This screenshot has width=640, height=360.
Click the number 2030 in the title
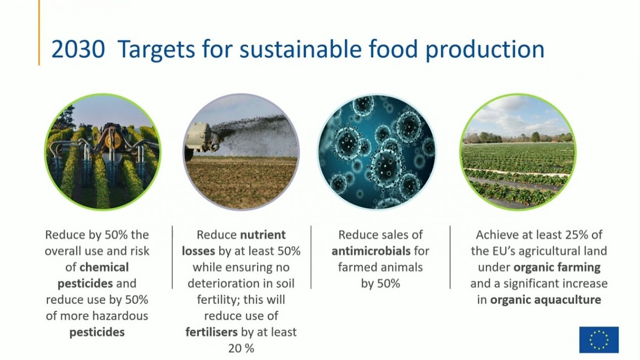click(78, 49)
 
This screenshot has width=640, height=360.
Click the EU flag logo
click(599, 340)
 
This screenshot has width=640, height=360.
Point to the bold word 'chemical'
click(104, 267)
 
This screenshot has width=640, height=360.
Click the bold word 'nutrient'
click(263, 235)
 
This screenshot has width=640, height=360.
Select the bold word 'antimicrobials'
click(371, 251)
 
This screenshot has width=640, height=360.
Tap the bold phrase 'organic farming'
click(557, 268)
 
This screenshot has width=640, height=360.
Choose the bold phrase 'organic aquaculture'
click(546, 300)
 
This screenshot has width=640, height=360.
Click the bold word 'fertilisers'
click(211, 332)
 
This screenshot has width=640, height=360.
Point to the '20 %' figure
click(241, 349)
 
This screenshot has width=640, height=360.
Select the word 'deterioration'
click(225, 284)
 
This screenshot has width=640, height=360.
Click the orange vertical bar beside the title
click(39, 33)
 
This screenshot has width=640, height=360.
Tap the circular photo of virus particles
click(377, 152)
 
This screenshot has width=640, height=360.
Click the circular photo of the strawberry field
click(518, 152)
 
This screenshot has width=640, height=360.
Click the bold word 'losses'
click(198, 251)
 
